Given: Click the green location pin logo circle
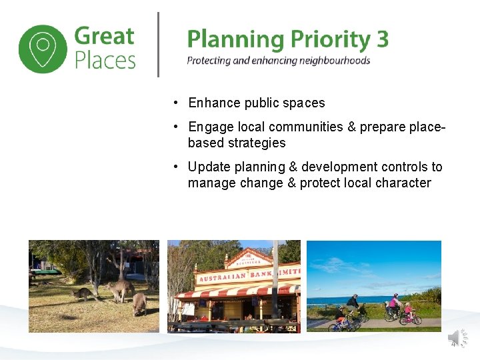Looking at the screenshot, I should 43,49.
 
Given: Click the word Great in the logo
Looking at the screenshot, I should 105,36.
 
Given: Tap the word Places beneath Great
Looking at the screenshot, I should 105,61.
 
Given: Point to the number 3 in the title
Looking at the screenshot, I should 382,39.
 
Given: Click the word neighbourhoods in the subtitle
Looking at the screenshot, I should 329,61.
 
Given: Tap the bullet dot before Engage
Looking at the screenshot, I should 173,127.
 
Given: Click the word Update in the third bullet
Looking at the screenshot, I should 208,167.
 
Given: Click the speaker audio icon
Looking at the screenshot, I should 456,337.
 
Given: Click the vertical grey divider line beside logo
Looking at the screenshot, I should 158,45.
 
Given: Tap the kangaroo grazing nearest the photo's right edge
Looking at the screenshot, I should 139,304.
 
